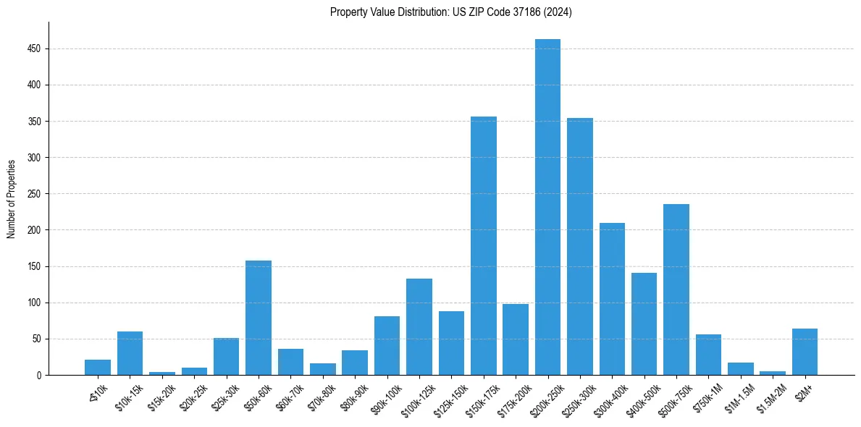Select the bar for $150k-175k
coord(484,246)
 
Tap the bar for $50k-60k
coord(259,318)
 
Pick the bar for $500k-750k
coord(676,289)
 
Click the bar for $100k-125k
coord(419,326)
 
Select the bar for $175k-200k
coord(516,339)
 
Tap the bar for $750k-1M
coord(708,355)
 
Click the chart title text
coord(451,12)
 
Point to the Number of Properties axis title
coord(12,198)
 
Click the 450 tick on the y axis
coord(35,48)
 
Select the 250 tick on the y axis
coord(35,194)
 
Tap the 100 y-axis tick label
coord(35,303)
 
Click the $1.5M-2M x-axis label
coord(770,396)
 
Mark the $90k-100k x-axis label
coord(383,397)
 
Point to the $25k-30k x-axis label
coord(224,395)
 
